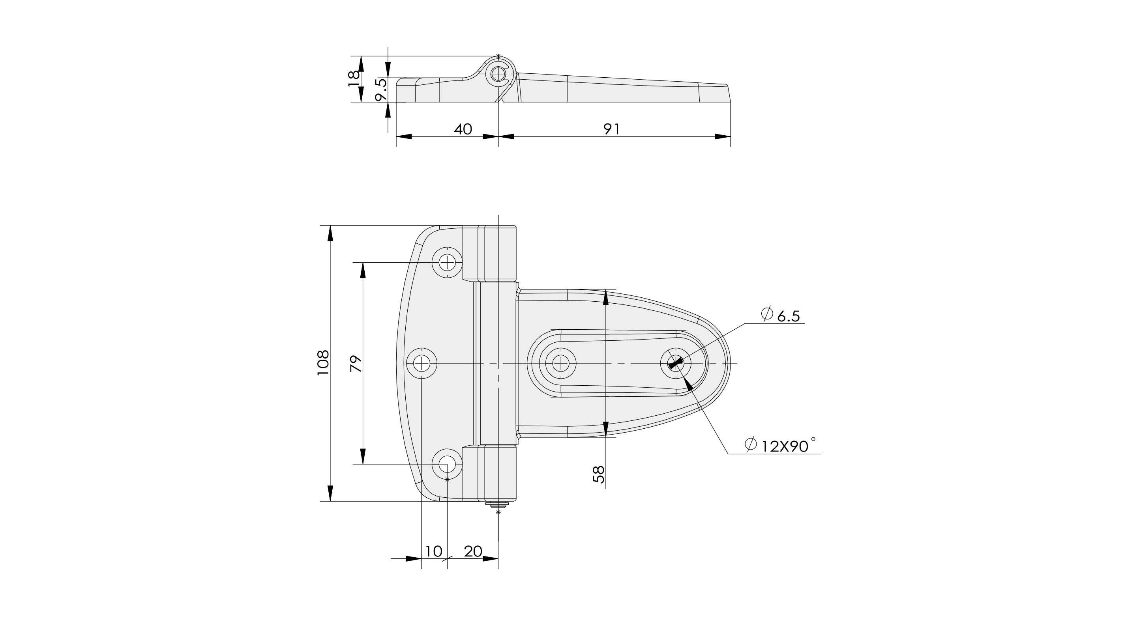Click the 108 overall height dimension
324,363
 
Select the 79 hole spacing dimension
356,363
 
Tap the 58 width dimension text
598,474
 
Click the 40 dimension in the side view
463,129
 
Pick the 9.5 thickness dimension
382,90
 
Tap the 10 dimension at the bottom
433,551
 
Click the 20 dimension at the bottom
473,551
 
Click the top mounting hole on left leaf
448,263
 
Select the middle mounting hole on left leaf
422,363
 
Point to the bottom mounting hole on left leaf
447,465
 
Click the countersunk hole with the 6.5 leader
676,363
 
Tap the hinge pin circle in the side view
499,74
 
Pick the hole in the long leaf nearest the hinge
561,363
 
